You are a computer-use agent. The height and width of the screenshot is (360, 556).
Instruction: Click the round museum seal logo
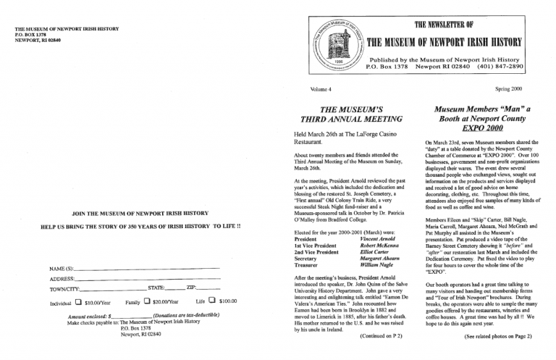(337, 44)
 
